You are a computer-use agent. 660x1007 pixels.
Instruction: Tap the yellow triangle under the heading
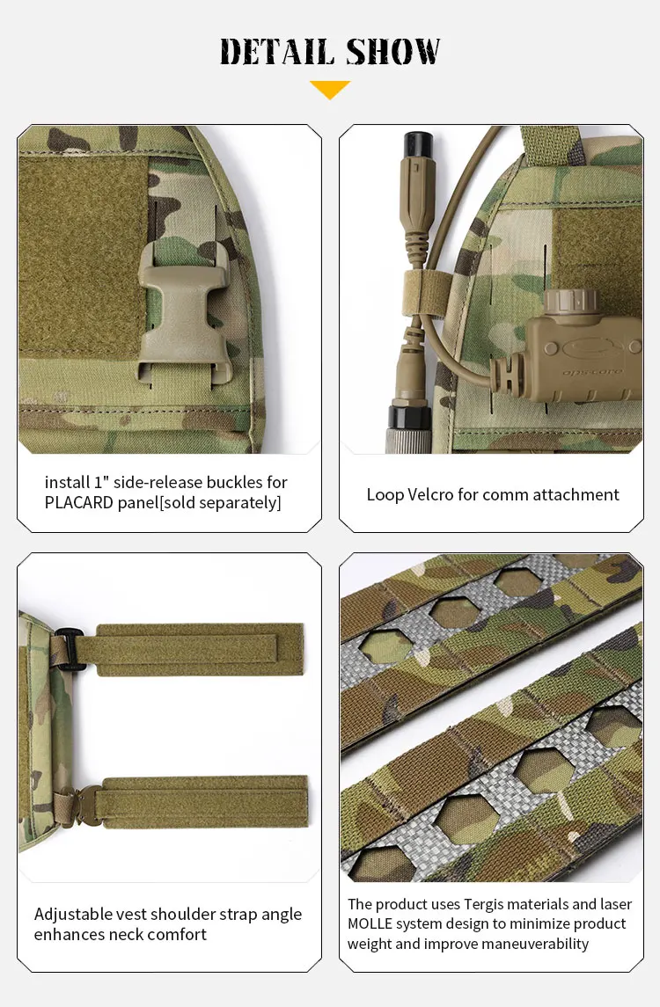pos(330,90)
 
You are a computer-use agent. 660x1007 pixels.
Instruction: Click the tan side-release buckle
pos(171,311)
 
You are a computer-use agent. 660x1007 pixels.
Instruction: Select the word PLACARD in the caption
pos(79,502)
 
